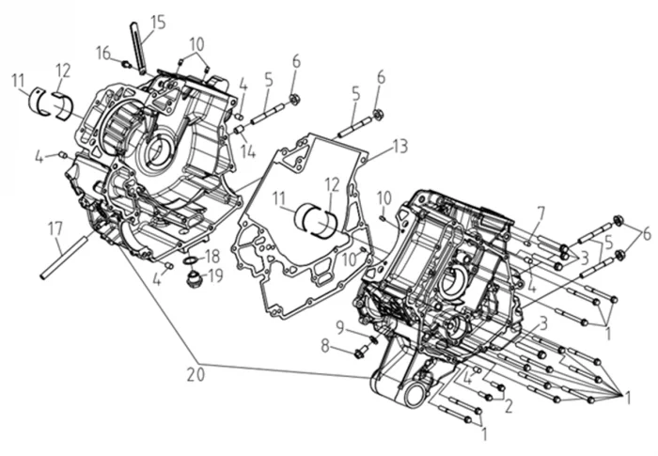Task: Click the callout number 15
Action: click(x=158, y=21)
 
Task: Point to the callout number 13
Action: click(x=401, y=146)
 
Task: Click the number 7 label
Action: click(x=540, y=212)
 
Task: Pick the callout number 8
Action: click(x=325, y=345)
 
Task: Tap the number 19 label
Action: click(x=214, y=275)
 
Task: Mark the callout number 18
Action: click(x=212, y=256)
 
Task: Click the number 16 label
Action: click(x=103, y=53)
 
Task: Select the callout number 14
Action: click(x=248, y=149)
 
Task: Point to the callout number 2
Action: click(x=508, y=406)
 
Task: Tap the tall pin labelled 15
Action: click(x=138, y=47)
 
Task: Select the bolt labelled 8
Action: click(x=363, y=353)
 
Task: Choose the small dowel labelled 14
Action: click(x=240, y=128)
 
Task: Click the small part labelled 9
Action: click(x=372, y=338)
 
